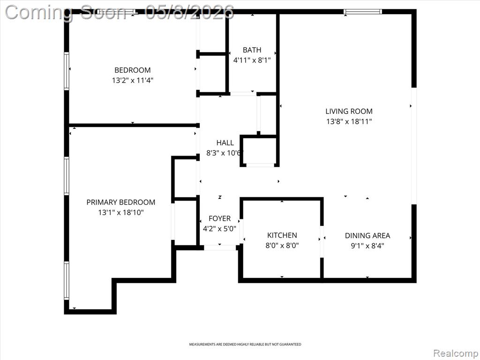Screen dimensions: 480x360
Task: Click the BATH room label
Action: point(252,50)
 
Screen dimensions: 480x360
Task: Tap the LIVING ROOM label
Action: point(349,111)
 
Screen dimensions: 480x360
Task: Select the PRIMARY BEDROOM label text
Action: point(120,202)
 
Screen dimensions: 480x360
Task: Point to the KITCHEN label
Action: point(282,235)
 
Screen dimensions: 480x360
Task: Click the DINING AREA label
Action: point(367,235)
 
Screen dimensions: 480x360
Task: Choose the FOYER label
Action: point(219,218)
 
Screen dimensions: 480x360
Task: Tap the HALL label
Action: point(225,142)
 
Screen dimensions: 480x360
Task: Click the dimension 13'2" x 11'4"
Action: point(133,80)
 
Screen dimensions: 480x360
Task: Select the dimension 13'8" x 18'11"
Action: point(349,121)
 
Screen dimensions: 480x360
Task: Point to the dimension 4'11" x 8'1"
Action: point(252,60)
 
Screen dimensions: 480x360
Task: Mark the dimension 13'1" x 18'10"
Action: point(120,212)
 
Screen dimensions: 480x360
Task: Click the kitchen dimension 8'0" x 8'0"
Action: point(282,245)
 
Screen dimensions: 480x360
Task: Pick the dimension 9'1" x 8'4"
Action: point(367,246)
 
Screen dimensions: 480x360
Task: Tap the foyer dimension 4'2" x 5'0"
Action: point(219,228)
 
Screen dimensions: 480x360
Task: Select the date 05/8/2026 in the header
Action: point(189,12)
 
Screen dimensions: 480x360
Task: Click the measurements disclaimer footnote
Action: point(245,345)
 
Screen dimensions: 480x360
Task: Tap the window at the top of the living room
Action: point(363,12)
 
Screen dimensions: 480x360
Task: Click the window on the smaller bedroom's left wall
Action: point(67,71)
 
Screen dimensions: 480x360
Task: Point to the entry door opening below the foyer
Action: point(220,247)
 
